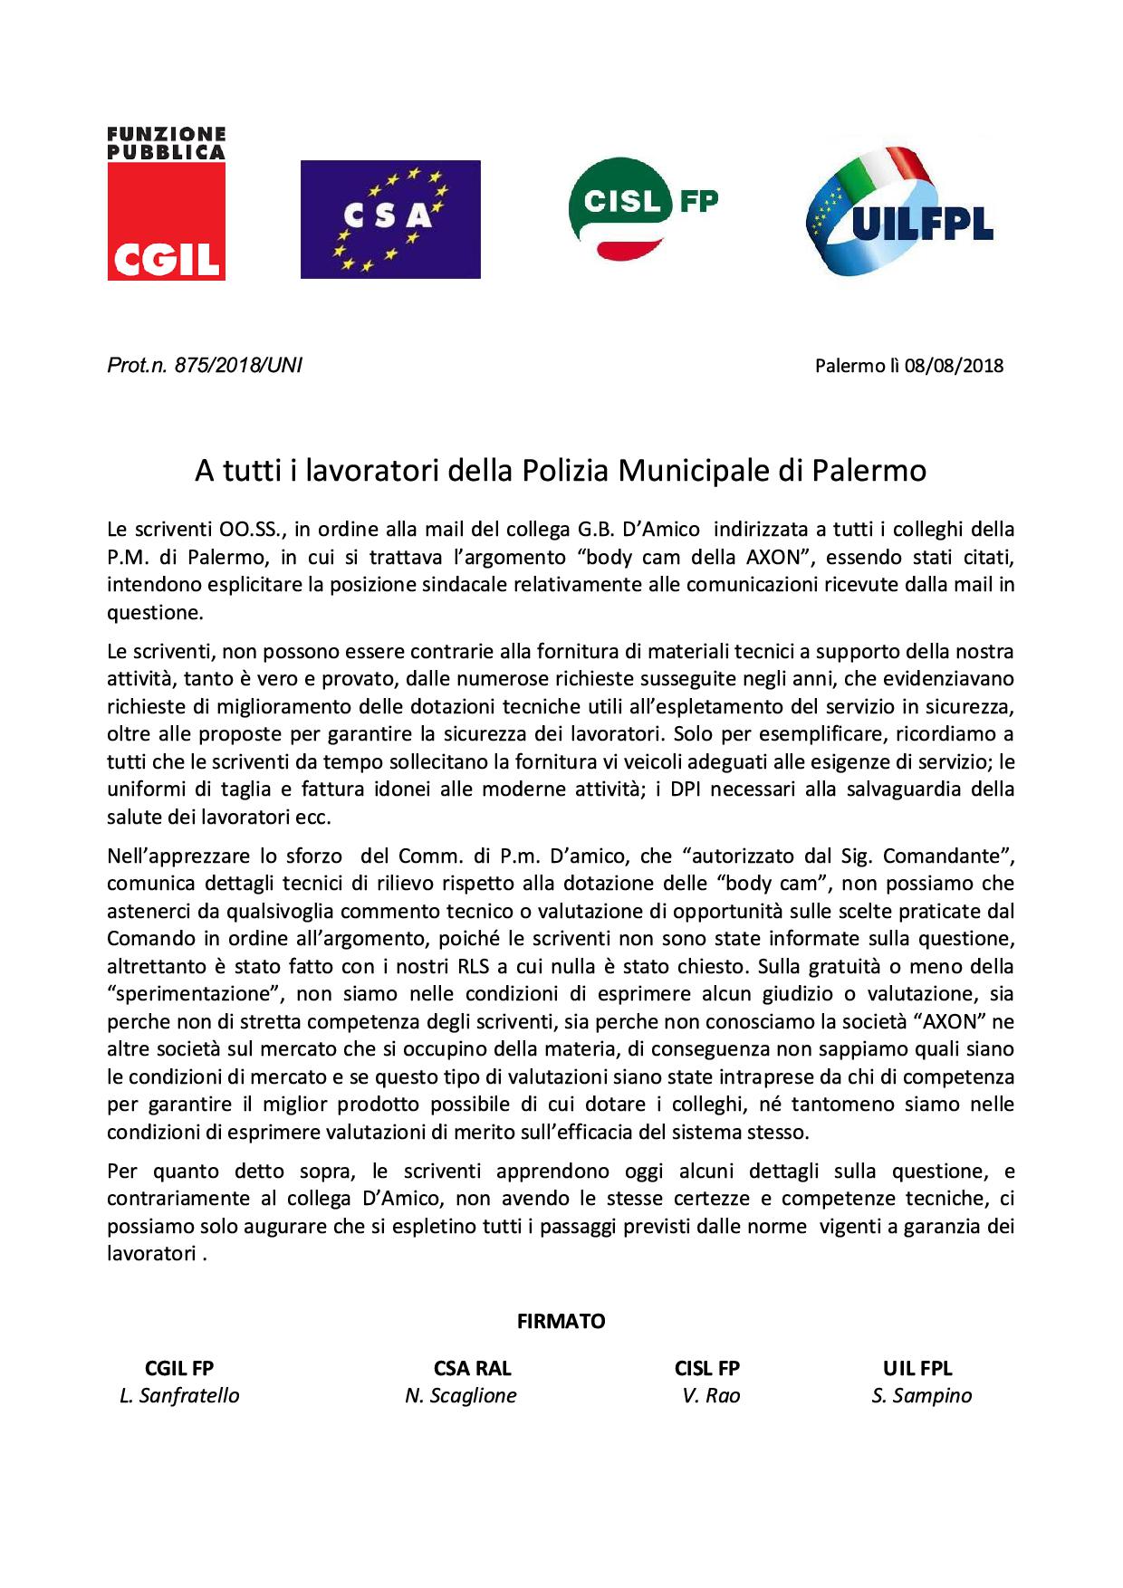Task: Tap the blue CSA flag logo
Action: click(x=390, y=219)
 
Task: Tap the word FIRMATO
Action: click(x=561, y=1321)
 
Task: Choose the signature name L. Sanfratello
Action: click(x=179, y=1395)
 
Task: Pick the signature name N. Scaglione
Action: click(x=461, y=1395)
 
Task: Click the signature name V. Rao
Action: click(x=711, y=1395)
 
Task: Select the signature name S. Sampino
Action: click(x=921, y=1395)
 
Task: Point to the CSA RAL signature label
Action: click(x=466, y=1368)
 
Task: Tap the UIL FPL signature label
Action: click(x=917, y=1368)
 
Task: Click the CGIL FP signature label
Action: click(x=179, y=1368)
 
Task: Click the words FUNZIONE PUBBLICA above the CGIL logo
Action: click(x=166, y=142)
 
